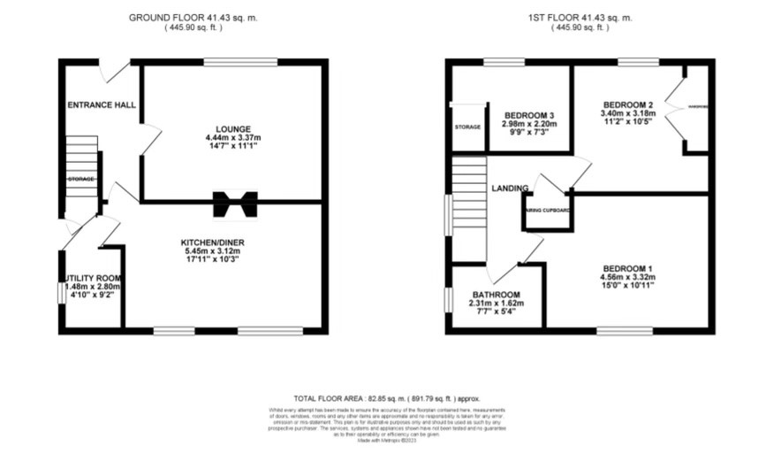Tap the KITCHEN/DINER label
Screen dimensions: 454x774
tap(210, 241)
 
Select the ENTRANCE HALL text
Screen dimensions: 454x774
tap(102, 104)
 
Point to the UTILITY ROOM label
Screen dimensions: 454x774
tap(92, 277)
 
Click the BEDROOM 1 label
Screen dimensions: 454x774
tap(627, 268)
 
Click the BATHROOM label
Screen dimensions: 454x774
tap(496, 295)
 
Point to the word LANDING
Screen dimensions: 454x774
tap(512, 188)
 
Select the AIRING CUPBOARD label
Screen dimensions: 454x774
tap(549, 211)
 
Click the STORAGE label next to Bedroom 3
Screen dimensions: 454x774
tap(467, 127)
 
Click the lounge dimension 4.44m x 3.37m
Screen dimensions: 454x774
tap(233, 138)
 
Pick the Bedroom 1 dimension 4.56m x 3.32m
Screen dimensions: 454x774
tap(627, 279)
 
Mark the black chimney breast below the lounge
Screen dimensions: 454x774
tap(234, 203)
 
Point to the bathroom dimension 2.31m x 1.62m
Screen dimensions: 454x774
tap(496, 304)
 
